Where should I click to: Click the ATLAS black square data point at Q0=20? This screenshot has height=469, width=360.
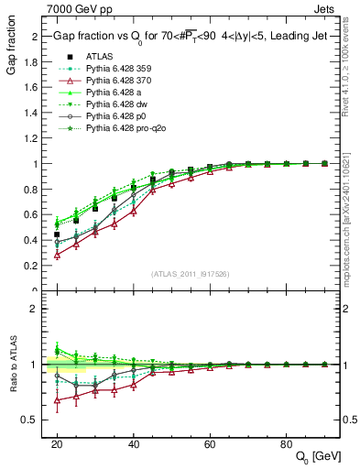pyautogui.click(x=57, y=234)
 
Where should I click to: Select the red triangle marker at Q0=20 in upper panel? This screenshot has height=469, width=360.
pyautogui.click(x=57, y=255)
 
